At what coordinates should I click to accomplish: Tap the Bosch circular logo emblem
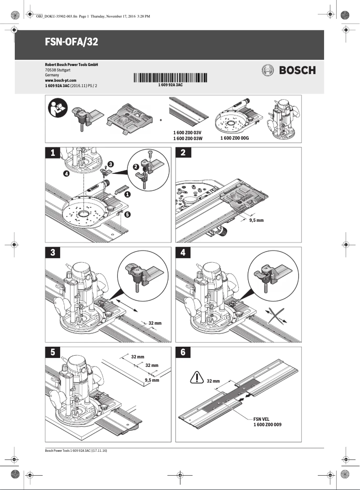pos(268,70)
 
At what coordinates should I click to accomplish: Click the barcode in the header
pos(171,78)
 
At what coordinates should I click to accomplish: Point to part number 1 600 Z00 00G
pos(235,138)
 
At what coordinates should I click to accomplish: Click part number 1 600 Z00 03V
pos(188,133)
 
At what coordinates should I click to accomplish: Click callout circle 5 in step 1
pos(128,215)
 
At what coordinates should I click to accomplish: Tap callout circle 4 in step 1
pos(66,173)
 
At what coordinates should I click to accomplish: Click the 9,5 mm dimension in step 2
pos(256,221)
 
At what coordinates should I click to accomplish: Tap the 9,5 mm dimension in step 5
pos(152,380)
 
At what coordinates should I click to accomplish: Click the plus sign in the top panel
pos(161,120)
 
